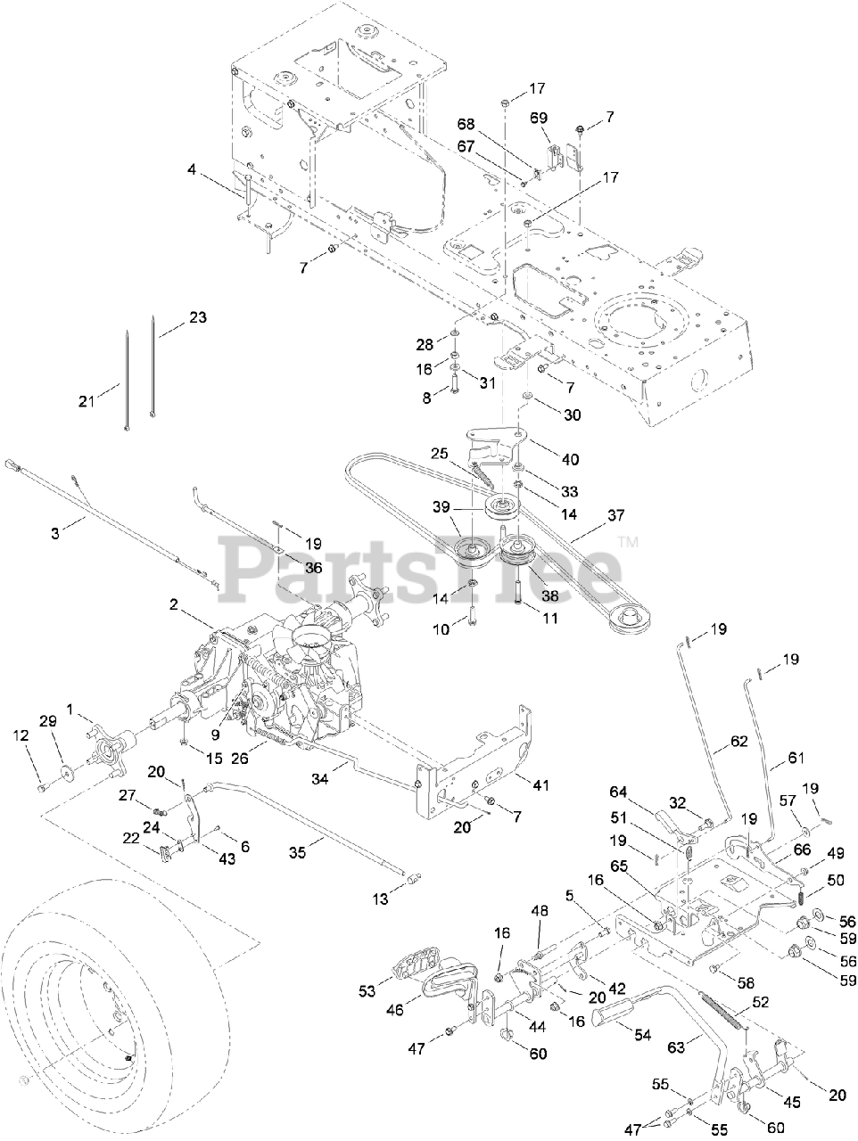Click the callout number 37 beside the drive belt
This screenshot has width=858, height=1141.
click(615, 514)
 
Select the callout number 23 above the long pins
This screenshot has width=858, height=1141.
click(197, 316)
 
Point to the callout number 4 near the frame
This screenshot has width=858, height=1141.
click(193, 168)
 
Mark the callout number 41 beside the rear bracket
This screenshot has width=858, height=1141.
click(540, 784)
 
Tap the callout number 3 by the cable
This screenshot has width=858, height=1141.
click(55, 532)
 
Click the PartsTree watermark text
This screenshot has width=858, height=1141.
click(419, 566)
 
